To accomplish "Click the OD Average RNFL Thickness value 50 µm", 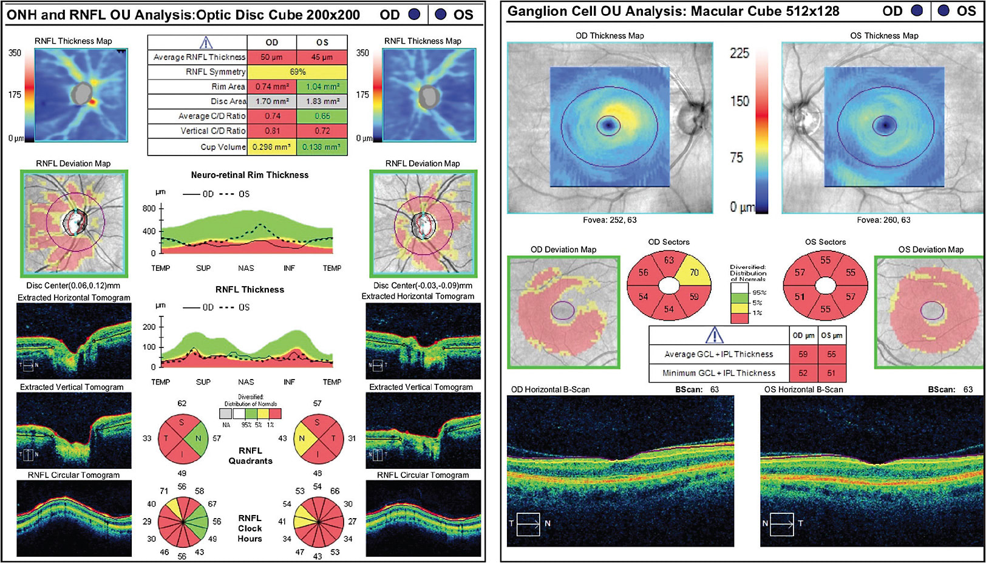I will click(x=271, y=57).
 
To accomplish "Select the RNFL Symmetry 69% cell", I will click(x=297, y=72).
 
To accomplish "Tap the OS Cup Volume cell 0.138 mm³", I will click(x=322, y=147).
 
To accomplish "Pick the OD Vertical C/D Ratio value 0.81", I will click(x=271, y=131).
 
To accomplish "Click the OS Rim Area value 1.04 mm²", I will click(x=322, y=87).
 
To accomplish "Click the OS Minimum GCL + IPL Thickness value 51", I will click(x=831, y=373).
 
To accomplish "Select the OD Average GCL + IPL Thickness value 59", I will click(x=803, y=354).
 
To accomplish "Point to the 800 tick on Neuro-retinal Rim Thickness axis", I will click(x=149, y=208).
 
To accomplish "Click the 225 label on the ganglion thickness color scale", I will click(x=739, y=53).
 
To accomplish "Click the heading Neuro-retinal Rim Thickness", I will click(x=250, y=175).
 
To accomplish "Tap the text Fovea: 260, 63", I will click(x=883, y=220).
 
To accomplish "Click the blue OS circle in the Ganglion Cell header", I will click(x=943, y=11).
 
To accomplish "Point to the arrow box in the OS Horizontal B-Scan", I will click(x=782, y=524).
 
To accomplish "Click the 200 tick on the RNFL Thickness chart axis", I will click(x=149, y=327).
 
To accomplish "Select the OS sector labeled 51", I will click(x=800, y=297).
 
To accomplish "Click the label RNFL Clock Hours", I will click(x=250, y=528).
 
